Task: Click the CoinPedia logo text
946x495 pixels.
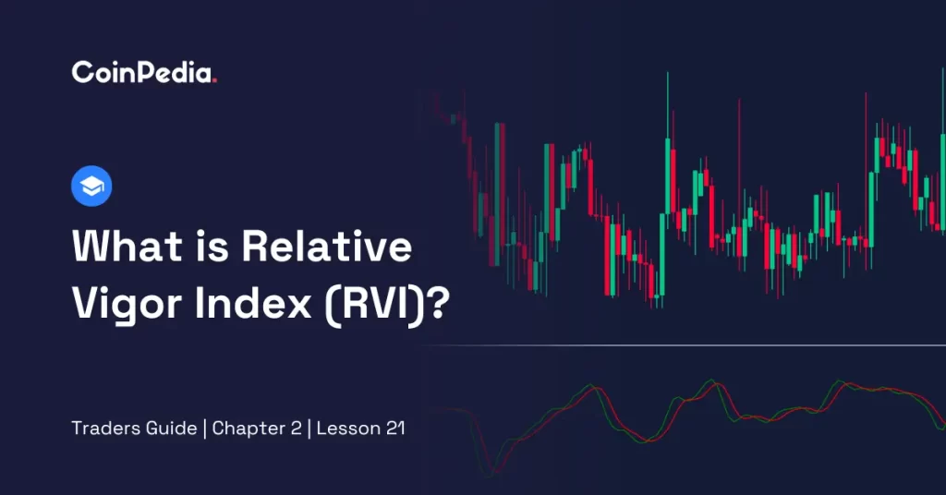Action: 143,72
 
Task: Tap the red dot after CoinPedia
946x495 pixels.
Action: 214,80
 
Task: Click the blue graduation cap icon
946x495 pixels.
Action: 91,186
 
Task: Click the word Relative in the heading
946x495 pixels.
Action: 327,246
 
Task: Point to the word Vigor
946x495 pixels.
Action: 127,303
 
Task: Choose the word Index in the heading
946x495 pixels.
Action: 253,302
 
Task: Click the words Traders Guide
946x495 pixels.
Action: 134,429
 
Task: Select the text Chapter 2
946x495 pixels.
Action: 257,429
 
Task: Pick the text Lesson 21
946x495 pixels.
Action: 360,429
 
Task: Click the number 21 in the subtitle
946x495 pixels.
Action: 395,429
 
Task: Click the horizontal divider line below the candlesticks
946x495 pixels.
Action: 685,345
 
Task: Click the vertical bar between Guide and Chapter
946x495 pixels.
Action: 204,429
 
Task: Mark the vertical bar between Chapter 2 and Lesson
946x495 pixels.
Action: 309,429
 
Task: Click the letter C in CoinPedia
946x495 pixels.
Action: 81,72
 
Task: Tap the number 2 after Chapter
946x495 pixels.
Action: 296,429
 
